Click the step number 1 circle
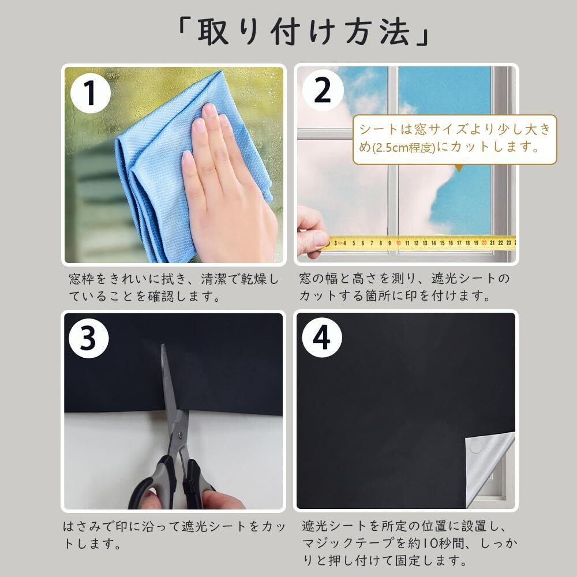point(90,93)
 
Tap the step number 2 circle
point(323,91)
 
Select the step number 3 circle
point(89,338)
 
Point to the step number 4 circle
point(321,338)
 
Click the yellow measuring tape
point(419,243)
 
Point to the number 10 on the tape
point(398,243)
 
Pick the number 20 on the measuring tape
point(484,243)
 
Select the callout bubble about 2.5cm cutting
point(455,140)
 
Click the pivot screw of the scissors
point(180,435)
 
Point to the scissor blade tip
point(163,346)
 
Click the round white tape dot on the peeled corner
point(475,447)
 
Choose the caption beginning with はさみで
point(174,534)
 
